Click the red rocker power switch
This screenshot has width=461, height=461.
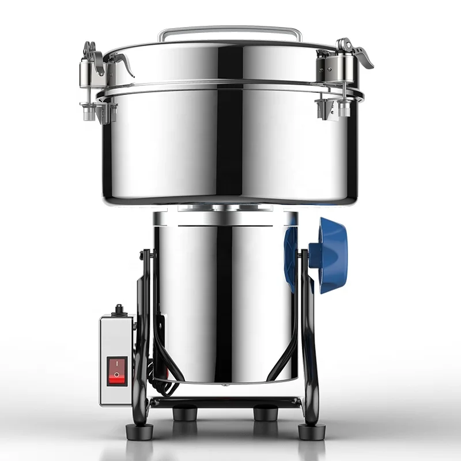pyautogui.click(x=116, y=370)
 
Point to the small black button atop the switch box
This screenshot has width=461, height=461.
pyautogui.click(x=120, y=309)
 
